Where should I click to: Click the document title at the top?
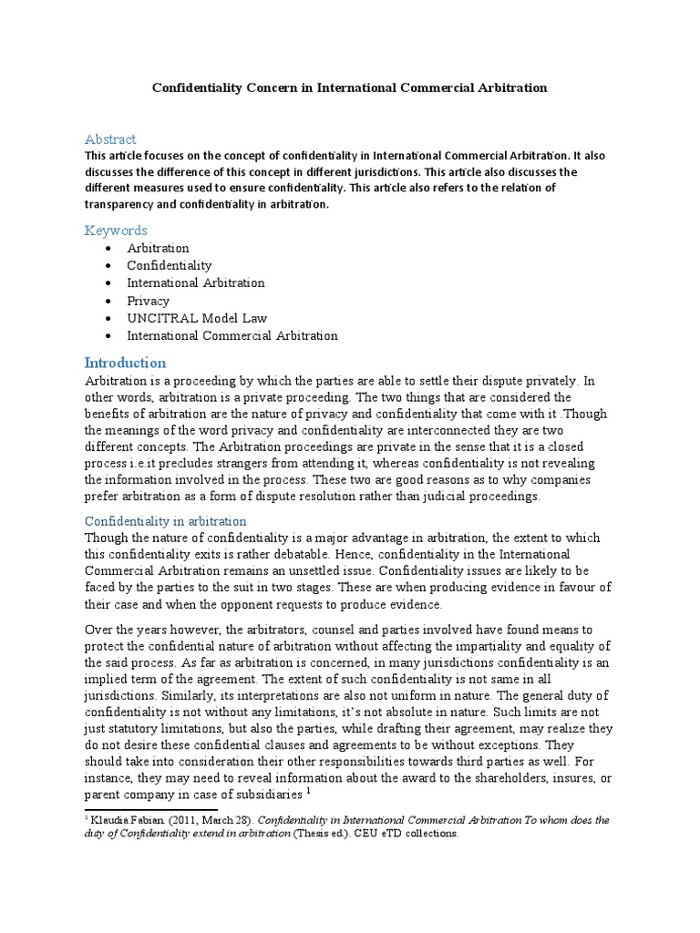[348, 88]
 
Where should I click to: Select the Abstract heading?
[110, 139]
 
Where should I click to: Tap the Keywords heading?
[116, 231]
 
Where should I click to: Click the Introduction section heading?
[125, 363]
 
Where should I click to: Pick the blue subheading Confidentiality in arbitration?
[165, 521]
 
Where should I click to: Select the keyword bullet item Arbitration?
[159, 248]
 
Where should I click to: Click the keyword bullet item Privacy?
[149, 301]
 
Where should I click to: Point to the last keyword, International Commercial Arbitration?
[232, 335]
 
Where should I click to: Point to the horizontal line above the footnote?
[151, 808]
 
